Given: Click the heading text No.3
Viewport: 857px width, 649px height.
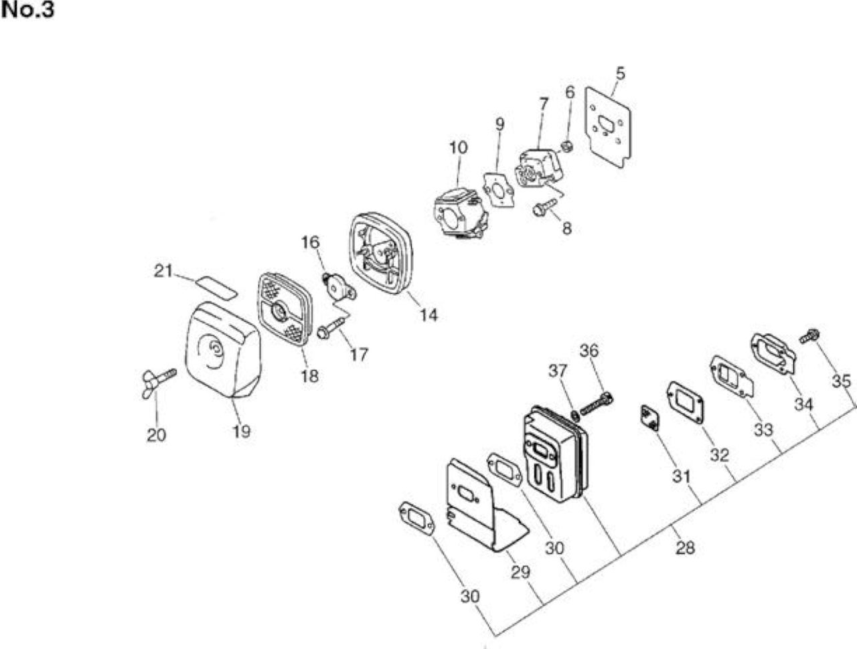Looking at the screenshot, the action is click(x=27, y=11).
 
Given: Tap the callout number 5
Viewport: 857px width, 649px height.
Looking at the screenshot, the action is click(x=620, y=74).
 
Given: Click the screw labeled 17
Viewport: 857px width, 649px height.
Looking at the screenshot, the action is click(x=332, y=327).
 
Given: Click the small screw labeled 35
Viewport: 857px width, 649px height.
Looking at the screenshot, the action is click(x=809, y=336).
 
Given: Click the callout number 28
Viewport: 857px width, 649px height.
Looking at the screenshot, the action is click(x=685, y=547).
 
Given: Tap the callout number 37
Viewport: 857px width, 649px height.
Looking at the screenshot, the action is click(x=557, y=371).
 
